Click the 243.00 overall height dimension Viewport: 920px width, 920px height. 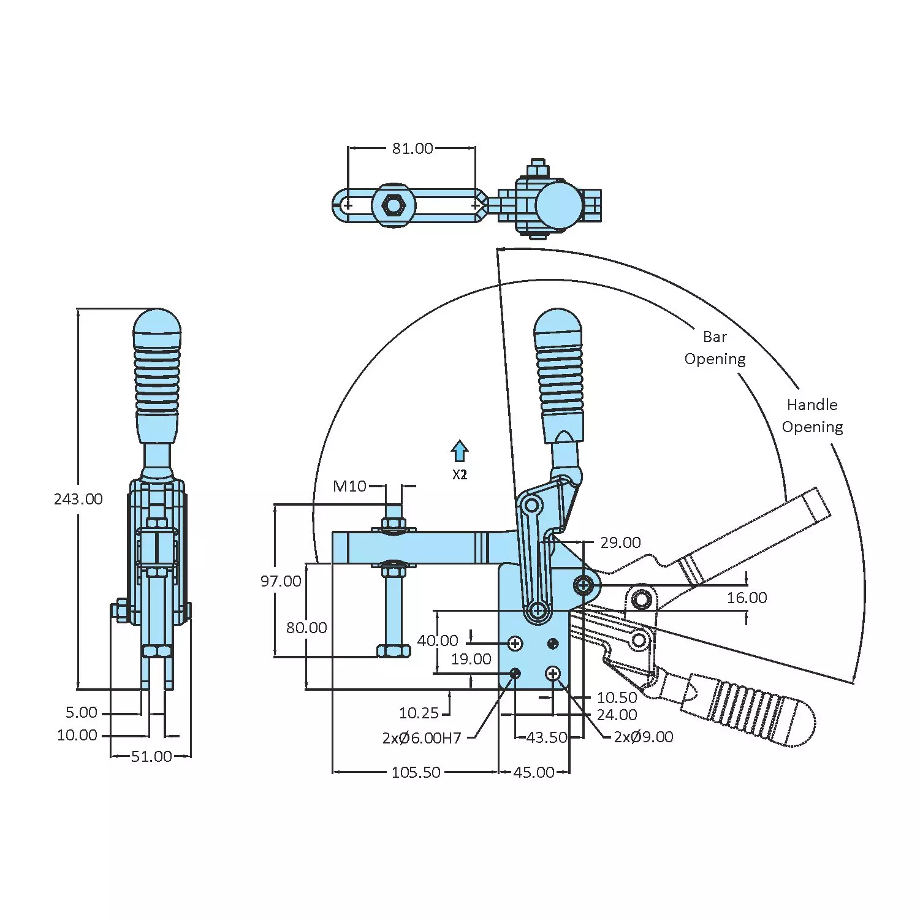pos(78,499)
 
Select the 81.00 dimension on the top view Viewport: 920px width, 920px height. pos(412,148)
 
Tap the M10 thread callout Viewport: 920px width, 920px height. pos(349,486)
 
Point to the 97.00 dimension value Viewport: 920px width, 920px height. pos(281,581)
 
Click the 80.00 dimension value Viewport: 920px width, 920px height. pos(306,628)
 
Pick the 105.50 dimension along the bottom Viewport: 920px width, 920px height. pos(416,772)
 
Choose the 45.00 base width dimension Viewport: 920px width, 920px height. pos(534,772)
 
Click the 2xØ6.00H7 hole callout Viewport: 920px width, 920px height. pos(422,738)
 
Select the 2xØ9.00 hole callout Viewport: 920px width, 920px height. pos(644,737)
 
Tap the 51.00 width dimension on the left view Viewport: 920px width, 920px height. pos(151,756)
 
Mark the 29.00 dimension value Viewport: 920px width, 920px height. pos(620,542)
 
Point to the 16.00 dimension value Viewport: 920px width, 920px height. pos(747,598)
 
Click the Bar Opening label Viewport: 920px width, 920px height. pos(715,348)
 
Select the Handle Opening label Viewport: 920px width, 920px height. pos(812,416)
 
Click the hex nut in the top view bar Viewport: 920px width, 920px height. pos(392,205)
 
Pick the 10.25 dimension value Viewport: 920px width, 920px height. pos(419,713)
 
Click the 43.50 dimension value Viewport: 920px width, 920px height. pos(547,737)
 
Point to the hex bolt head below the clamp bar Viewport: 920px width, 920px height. pos(393,650)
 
